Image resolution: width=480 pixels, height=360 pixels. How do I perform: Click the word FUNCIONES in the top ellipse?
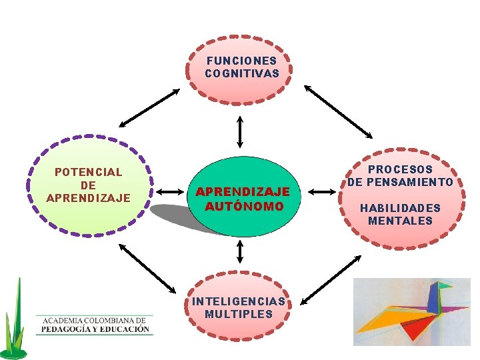click(x=241, y=61)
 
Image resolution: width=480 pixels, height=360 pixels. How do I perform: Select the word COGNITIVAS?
click(x=241, y=73)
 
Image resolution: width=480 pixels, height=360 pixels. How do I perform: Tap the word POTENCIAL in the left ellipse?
click(x=89, y=172)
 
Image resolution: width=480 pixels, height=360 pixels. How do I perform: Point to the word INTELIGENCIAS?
click(x=239, y=301)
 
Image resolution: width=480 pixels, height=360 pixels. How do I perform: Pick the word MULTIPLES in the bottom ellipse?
click(x=239, y=314)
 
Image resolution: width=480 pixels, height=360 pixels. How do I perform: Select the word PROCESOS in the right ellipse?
click(x=400, y=170)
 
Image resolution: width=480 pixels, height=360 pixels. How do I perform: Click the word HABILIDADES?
click(x=400, y=208)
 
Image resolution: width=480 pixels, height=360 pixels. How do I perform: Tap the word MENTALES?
click(x=400, y=221)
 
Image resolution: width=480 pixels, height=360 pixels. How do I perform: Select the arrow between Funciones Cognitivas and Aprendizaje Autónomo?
click(x=240, y=132)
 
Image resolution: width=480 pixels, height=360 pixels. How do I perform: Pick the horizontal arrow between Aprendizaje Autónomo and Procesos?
click(x=325, y=193)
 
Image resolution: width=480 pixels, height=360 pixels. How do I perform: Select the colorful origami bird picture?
click(x=411, y=311)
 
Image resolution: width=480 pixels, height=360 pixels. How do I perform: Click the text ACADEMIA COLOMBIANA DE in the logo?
click(x=94, y=319)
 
